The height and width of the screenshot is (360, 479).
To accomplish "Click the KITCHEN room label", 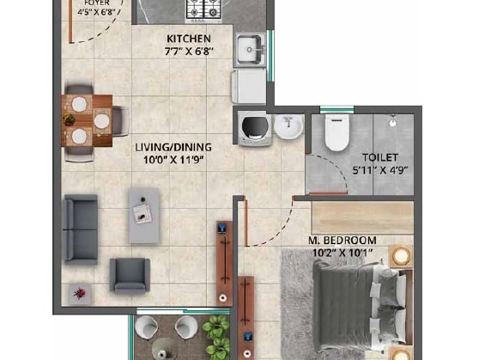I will click(x=188, y=40).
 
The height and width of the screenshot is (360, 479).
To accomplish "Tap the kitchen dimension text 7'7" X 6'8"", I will click(x=188, y=52).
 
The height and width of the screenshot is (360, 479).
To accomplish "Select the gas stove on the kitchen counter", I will click(x=203, y=9).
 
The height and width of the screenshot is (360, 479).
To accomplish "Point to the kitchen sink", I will click(x=249, y=45).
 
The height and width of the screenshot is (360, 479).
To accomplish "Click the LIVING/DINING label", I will click(x=173, y=147).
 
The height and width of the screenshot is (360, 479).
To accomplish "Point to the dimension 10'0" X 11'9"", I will click(x=173, y=159).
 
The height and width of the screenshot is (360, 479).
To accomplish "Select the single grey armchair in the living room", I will click(x=129, y=274).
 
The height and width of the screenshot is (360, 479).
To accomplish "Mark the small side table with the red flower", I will click(x=80, y=293).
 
